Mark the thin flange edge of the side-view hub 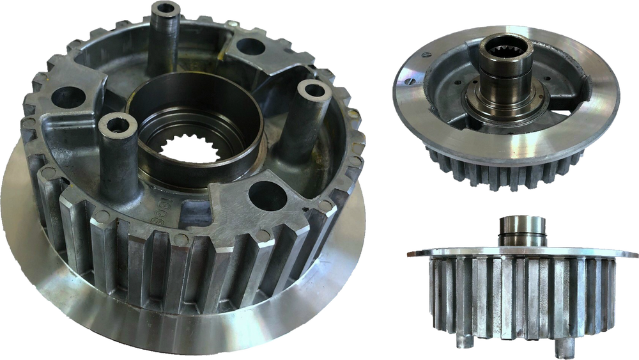click(419, 254)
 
